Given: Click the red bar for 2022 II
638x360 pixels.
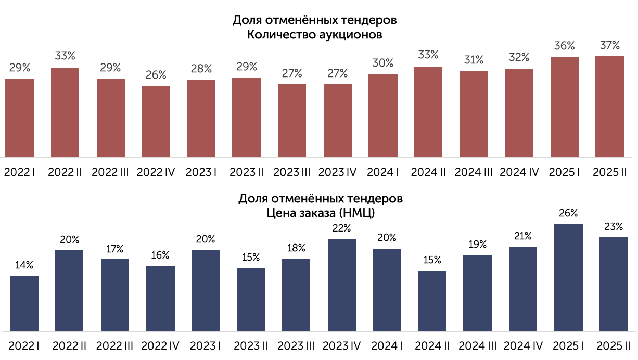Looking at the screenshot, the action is (x=65, y=112).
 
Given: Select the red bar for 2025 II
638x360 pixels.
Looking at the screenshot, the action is (x=609, y=107).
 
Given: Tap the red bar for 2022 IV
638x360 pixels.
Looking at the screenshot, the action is (x=156, y=122).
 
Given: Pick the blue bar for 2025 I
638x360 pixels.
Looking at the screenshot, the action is (x=568, y=277).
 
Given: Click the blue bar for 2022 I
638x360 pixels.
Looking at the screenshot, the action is (x=24, y=303).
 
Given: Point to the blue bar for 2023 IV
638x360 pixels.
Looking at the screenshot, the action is (x=342, y=285).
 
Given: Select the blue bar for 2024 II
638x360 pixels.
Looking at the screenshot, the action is (x=432, y=301).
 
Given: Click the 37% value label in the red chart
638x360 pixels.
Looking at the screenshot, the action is (x=610, y=45).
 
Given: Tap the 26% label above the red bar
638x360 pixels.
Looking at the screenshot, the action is (x=156, y=75).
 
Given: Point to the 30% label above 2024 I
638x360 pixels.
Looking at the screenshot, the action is (x=383, y=63).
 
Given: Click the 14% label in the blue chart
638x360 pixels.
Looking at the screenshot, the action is (x=24, y=265).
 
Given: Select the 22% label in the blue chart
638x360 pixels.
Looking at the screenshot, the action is (x=341, y=228).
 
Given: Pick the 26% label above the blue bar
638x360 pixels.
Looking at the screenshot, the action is (x=568, y=213).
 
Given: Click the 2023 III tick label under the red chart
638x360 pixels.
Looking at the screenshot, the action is (x=291, y=172).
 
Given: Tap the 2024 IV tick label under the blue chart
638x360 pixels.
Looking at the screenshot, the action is (x=523, y=346).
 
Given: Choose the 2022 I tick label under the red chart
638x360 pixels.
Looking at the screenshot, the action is (x=19, y=172).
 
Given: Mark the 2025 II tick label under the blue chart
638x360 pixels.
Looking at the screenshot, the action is (x=613, y=346).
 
